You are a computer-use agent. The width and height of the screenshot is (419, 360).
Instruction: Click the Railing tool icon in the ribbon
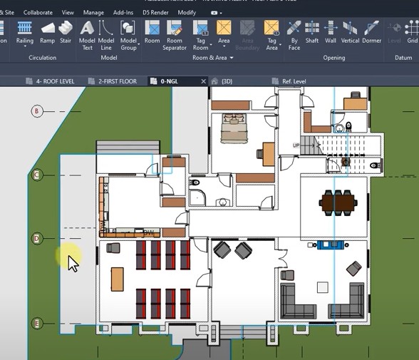pyautogui.click(x=25, y=29)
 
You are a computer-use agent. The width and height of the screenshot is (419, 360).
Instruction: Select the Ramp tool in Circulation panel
pyautogui.click(x=47, y=29)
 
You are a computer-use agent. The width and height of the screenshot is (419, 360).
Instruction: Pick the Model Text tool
pyautogui.click(x=87, y=29)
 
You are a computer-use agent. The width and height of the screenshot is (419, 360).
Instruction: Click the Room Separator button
pyautogui.click(x=175, y=29)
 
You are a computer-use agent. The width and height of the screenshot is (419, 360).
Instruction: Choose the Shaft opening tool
pyautogui.click(x=312, y=29)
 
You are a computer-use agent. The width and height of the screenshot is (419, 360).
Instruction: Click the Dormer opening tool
pyautogui.click(x=371, y=29)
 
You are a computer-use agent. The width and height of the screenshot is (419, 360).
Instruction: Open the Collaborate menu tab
pyautogui.click(x=37, y=12)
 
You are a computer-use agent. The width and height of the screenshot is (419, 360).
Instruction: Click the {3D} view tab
pyautogui.click(x=227, y=81)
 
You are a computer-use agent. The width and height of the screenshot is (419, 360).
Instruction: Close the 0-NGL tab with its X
pyautogui.click(x=204, y=81)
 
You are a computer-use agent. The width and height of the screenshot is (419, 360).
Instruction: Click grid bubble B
pyautogui.click(x=38, y=110)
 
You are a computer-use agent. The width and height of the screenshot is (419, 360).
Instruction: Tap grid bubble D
pyautogui.click(x=38, y=237)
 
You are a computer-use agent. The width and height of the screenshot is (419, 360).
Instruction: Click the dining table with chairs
pyautogui.click(x=338, y=202)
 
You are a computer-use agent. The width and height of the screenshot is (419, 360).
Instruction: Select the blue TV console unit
pyautogui.click(x=330, y=245)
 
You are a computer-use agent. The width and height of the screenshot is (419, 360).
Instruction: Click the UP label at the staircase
pyautogui.click(x=296, y=145)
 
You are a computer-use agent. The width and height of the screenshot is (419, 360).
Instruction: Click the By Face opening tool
pyautogui.click(x=294, y=29)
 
